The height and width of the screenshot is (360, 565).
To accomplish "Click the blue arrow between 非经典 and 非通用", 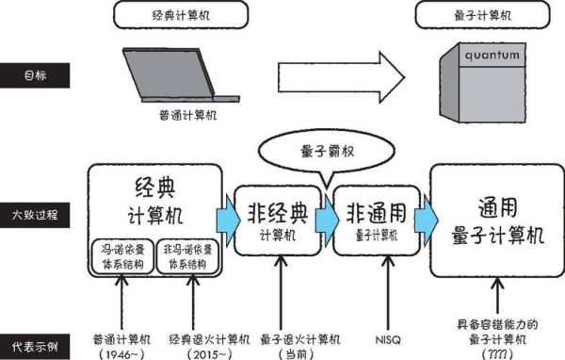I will [324, 216].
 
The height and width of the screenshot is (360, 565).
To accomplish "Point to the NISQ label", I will [374, 337].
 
